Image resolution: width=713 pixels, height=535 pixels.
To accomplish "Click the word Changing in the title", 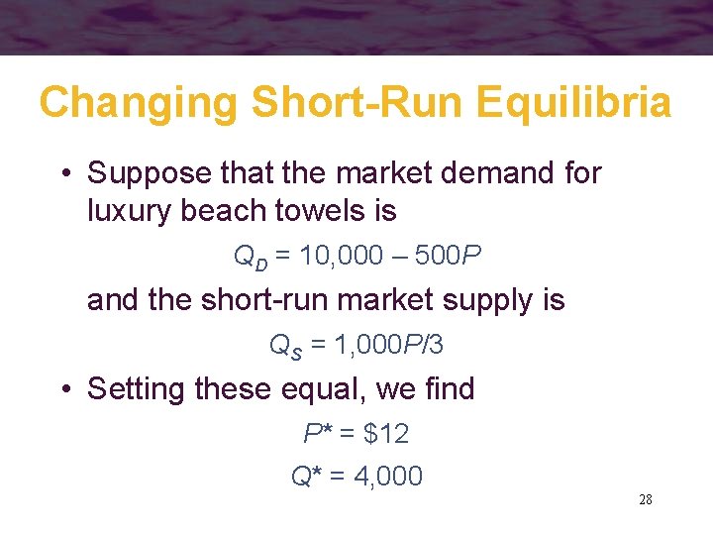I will (138, 103).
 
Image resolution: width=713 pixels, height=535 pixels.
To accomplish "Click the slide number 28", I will (645, 499).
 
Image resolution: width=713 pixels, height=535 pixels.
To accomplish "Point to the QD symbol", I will (248, 258).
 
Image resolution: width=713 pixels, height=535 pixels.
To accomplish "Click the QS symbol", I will (284, 346).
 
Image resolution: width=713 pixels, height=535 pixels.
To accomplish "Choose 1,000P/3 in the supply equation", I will (391, 345).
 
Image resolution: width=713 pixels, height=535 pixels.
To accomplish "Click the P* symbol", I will (317, 433).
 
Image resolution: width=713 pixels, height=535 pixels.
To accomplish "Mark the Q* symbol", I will (305, 476).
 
